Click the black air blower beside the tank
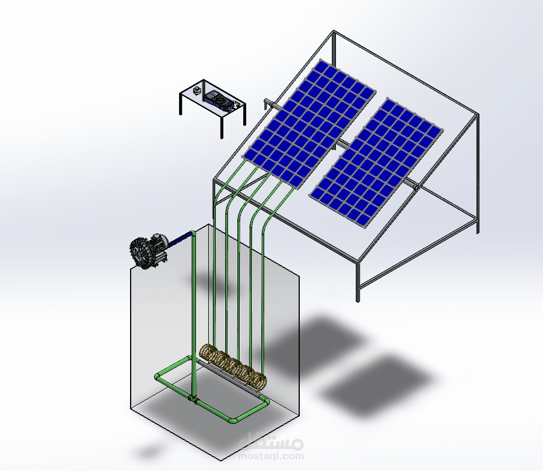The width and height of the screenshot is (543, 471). coord(148,250)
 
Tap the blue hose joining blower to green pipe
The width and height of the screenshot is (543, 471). coord(180,239)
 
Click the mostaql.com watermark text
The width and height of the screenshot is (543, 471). coord(271,456)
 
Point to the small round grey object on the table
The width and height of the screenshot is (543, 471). coord(197,91)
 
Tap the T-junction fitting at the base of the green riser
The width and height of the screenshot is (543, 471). coord(194,399)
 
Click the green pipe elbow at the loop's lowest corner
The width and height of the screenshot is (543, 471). coord(233,420)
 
